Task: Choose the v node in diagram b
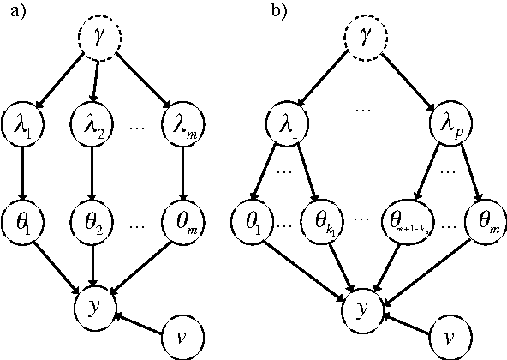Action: pyautogui.click(x=449, y=338)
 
